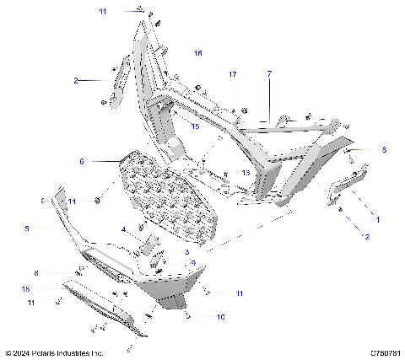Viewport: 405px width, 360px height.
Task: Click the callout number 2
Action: [75, 80]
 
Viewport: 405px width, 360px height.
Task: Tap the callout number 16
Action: [198, 53]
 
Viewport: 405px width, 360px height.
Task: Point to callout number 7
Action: [269, 74]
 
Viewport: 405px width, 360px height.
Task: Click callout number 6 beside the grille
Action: [82, 160]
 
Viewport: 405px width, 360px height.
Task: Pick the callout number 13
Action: [245, 172]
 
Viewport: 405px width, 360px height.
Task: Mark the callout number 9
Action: [193, 264]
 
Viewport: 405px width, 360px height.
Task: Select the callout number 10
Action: [221, 317]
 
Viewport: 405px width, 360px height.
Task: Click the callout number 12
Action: [366, 237]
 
